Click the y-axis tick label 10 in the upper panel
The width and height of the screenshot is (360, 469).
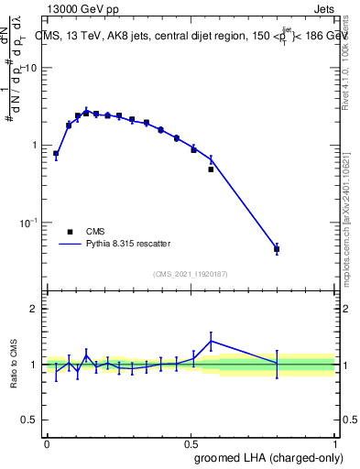(x=31, y=69)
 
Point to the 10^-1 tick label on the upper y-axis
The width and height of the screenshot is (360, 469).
(x=29, y=222)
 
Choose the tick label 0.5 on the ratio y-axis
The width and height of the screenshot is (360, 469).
(x=31, y=420)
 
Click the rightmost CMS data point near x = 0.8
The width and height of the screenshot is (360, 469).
(x=277, y=249)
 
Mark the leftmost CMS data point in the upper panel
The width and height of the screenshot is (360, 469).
(x=56, y=154)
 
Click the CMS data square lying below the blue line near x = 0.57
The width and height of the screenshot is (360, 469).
(x=211, y=169)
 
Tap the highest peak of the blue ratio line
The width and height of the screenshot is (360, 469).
(x=211, y=341)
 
